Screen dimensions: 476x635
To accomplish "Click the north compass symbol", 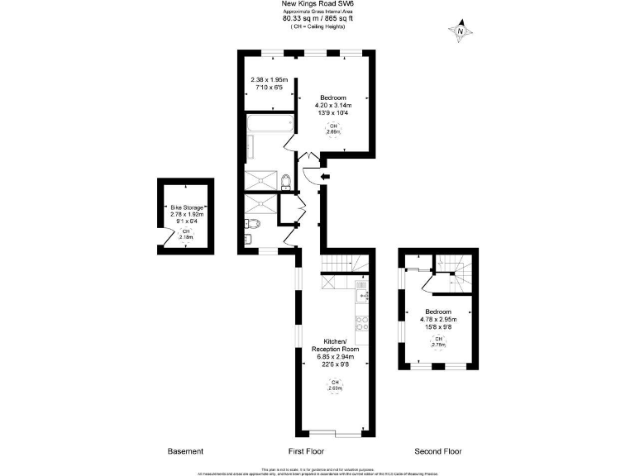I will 461,32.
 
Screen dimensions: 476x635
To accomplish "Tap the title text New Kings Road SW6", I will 318,5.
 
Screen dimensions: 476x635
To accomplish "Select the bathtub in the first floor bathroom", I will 270,124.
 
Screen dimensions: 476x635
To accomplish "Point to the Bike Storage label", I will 186,207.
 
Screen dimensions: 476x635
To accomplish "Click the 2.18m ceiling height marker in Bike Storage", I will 186,234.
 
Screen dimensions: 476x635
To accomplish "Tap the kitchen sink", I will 361,291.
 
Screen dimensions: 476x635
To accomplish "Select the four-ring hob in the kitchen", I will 361,323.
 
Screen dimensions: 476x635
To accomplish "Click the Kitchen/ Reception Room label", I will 335,345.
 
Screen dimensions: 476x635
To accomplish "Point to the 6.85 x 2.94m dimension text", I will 335,357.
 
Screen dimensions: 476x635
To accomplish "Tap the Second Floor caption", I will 438,451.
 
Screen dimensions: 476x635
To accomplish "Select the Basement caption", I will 185,451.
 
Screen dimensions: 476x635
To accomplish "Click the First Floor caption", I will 306,451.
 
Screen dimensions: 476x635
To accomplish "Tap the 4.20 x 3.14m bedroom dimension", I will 333,106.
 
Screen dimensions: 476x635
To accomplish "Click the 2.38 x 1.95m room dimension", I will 266,80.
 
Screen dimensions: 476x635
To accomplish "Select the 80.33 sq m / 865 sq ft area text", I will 318,19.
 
